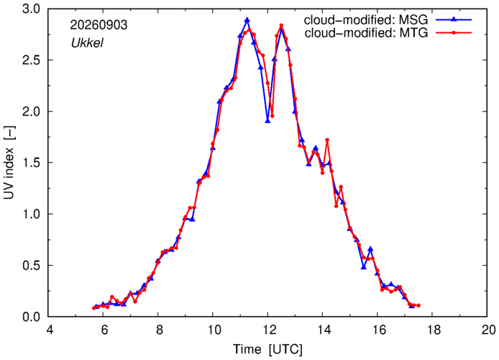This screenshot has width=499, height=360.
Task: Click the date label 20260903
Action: click(x=99, y=25)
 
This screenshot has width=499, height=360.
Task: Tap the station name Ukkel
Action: click(x=87, y=42)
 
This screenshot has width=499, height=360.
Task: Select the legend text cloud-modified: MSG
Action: click(x=366, y=19)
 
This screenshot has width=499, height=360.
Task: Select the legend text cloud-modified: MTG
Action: click(x=366, y=33)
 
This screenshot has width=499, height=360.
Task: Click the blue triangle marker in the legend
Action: click(x=454, y=19)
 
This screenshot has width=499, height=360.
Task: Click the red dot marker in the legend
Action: click(x=454, y=33)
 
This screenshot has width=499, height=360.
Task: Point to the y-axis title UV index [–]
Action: click(x=9, y=163)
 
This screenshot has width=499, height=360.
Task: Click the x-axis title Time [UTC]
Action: click(x=267, y=349)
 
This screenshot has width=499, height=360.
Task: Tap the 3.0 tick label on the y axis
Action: click(x=31, y=9)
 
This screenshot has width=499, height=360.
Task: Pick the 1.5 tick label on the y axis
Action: click(x=31, y=163)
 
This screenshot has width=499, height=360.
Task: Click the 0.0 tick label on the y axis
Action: click(x=31, y=317)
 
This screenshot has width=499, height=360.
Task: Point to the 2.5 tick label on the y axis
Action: click(x=31, y=60)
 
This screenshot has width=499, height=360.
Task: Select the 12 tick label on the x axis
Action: click(x=267, y=330)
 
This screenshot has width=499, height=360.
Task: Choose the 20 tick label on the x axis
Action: click(x=487, y=330)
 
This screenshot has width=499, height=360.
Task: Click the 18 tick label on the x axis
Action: click(x=432, y=330)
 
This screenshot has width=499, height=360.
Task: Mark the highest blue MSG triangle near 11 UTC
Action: click(x=247, y=20)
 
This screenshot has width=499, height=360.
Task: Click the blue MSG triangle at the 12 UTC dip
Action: click(x=267, y=121)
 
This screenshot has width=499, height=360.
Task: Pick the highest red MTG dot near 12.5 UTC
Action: click(x=281, y=25)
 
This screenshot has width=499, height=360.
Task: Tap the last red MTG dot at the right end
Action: click(x=418, y=305)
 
